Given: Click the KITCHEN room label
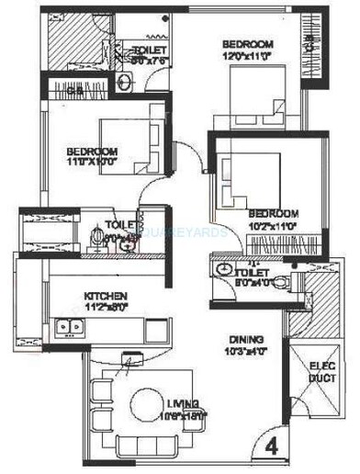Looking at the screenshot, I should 99,296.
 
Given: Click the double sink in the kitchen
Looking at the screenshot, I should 67,325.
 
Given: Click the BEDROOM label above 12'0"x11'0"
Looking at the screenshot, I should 248,45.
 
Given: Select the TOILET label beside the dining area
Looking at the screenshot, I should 251,273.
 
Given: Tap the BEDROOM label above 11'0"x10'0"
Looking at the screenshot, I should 92,152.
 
